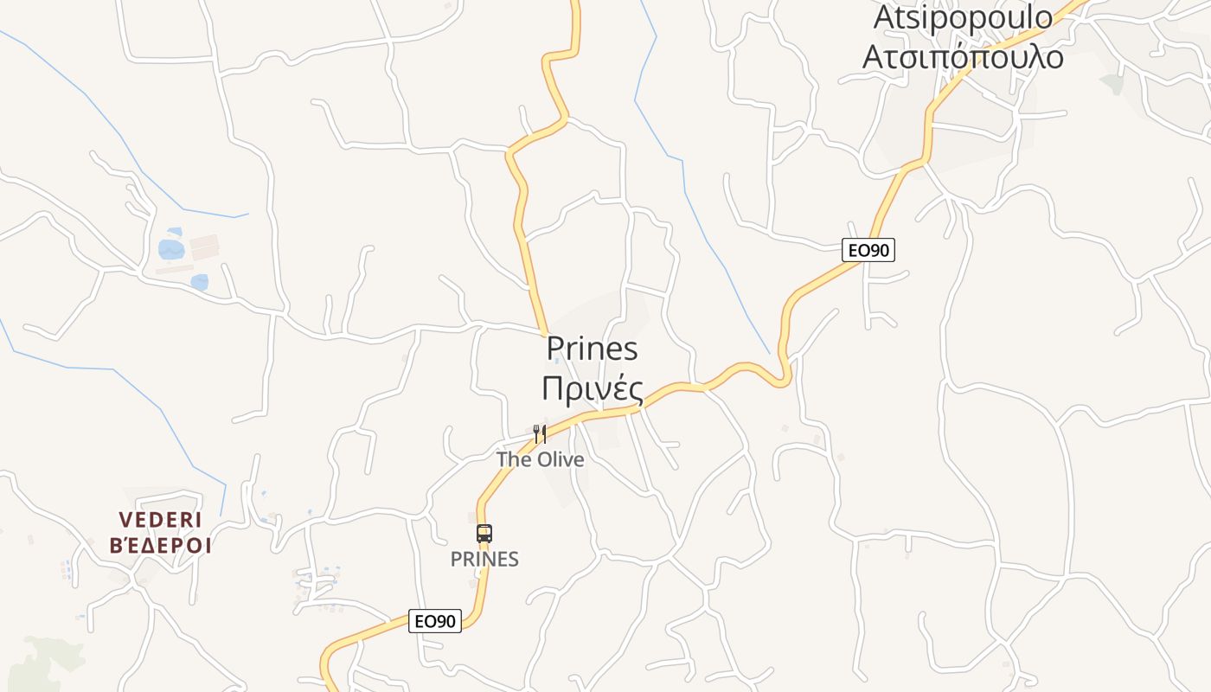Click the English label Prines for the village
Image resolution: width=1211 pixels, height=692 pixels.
593,349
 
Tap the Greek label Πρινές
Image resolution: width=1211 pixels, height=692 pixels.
593,389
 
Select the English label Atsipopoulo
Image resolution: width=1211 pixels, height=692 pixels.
963,17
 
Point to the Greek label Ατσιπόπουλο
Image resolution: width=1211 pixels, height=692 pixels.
963,56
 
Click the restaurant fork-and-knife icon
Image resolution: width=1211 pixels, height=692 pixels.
540,432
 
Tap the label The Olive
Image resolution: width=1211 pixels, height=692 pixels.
540,459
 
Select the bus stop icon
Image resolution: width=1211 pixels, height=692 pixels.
484,534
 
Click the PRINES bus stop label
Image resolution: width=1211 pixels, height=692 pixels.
484,560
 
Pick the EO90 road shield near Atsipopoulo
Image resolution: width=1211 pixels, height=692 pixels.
868,250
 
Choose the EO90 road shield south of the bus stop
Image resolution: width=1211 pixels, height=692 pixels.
435,620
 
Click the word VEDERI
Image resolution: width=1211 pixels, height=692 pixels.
160,520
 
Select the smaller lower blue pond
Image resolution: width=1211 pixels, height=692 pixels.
200,282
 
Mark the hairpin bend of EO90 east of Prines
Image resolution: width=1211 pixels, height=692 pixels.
783,377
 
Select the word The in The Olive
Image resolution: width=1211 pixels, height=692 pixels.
514,459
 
